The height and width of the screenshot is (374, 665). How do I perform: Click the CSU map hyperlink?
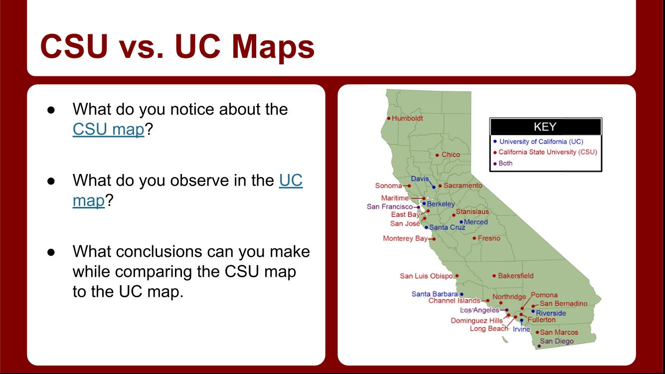[108, 129]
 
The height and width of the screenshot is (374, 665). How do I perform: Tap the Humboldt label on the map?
[407, 119]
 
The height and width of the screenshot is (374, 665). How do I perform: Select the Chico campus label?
[451, 155]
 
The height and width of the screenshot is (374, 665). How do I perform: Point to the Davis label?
[420, 179]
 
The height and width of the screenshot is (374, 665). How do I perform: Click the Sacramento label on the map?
[463, 186]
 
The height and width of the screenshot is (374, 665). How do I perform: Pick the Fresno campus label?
[489, 238]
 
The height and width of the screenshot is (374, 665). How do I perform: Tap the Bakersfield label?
[515, 276]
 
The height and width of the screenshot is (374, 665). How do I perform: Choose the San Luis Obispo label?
[426, 276]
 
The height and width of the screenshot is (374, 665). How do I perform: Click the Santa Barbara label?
[434, 294]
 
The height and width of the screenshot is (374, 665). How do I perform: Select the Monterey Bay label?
[405, 238]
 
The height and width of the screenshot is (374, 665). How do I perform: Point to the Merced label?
[476, 222]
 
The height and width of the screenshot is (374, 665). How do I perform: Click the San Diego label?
[556, 342]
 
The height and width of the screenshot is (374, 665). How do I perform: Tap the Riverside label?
[551, 313]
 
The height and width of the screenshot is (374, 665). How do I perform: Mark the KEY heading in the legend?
[545, 127]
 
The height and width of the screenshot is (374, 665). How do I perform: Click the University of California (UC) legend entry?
[541, 142]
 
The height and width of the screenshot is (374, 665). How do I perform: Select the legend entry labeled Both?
[505, 163]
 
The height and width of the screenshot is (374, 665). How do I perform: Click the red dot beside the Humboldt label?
[389, 119]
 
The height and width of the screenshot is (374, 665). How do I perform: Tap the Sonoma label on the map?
[388, 186]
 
